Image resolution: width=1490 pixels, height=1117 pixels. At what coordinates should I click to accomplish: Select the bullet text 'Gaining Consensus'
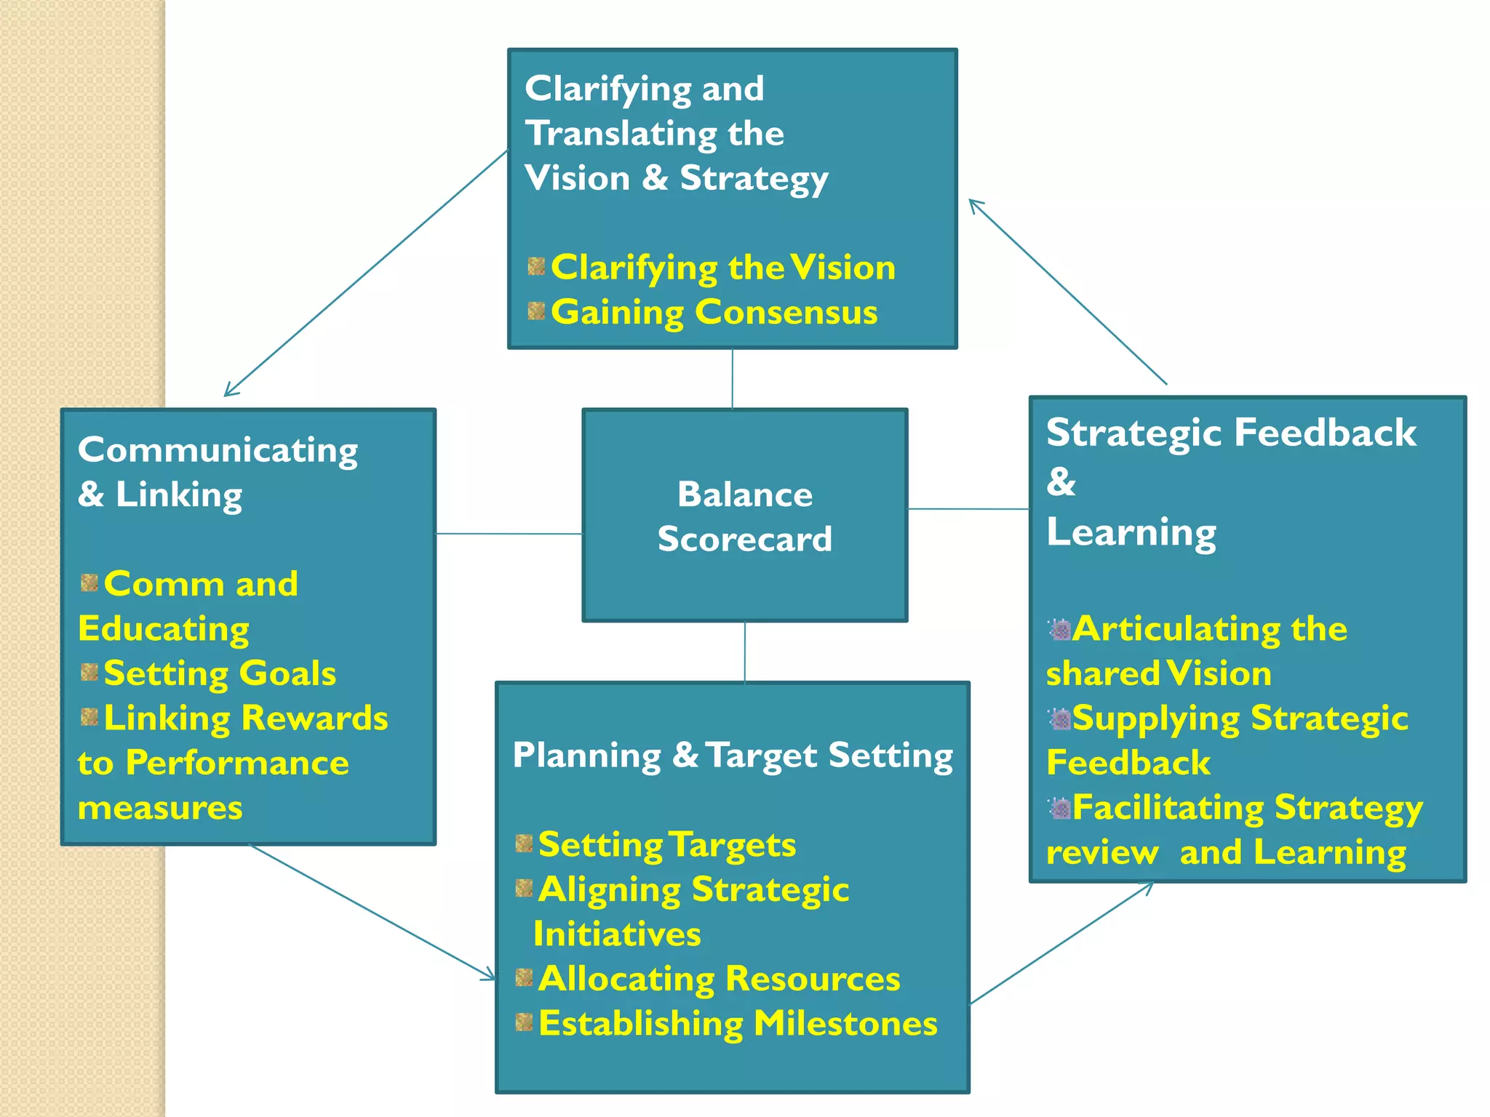pos(714,313)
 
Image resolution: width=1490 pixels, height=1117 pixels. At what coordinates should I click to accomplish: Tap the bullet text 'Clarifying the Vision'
pos(722,268)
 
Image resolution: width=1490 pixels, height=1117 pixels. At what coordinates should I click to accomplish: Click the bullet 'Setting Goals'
pos(220,673)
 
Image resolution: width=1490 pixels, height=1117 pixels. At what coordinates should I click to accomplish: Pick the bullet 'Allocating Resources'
pos(719,979)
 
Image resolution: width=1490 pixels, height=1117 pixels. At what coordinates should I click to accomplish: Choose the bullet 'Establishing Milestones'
pos(738,1024)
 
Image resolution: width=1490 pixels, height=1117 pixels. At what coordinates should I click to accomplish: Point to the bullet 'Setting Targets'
pos(666,845)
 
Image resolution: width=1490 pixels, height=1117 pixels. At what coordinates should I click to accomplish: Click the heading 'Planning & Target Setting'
pos(733,756)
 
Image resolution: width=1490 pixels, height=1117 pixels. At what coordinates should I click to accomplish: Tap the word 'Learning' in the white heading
pos(1131,532)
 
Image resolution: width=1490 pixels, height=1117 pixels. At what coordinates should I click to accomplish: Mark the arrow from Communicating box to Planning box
pos(372,912)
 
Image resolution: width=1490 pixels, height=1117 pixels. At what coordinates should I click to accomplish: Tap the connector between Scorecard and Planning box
pos(744,652)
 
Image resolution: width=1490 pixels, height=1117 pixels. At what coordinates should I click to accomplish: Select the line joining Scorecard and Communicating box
pos(509,534)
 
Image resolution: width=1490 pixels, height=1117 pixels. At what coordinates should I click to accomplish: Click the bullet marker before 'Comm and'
pos(89,583)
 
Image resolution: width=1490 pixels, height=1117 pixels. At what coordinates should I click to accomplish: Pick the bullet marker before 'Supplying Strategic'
pos(1060,719)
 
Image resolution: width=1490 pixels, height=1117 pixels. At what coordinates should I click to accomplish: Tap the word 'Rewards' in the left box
pos(314,718)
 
